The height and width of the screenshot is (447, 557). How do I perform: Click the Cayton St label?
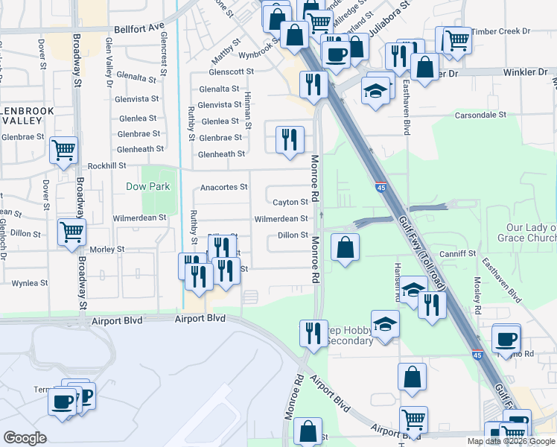click(x=290, y=203)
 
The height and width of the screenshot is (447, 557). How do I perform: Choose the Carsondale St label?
click(x=480, y=115)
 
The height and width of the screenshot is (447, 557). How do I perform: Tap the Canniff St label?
click(x=458, y=254)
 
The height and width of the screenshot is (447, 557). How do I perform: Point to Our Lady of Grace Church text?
click(x=530, y=232)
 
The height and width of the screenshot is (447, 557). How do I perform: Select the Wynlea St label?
click(x=30, y=283)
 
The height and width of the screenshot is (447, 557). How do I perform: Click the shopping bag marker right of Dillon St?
click(x=345, y=247)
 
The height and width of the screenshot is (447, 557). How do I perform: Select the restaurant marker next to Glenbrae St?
click(x=289, y=139)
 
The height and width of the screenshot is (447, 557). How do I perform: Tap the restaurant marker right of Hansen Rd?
click(x=432, y=304)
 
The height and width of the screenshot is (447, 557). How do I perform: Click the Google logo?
click(x=25, y=438)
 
